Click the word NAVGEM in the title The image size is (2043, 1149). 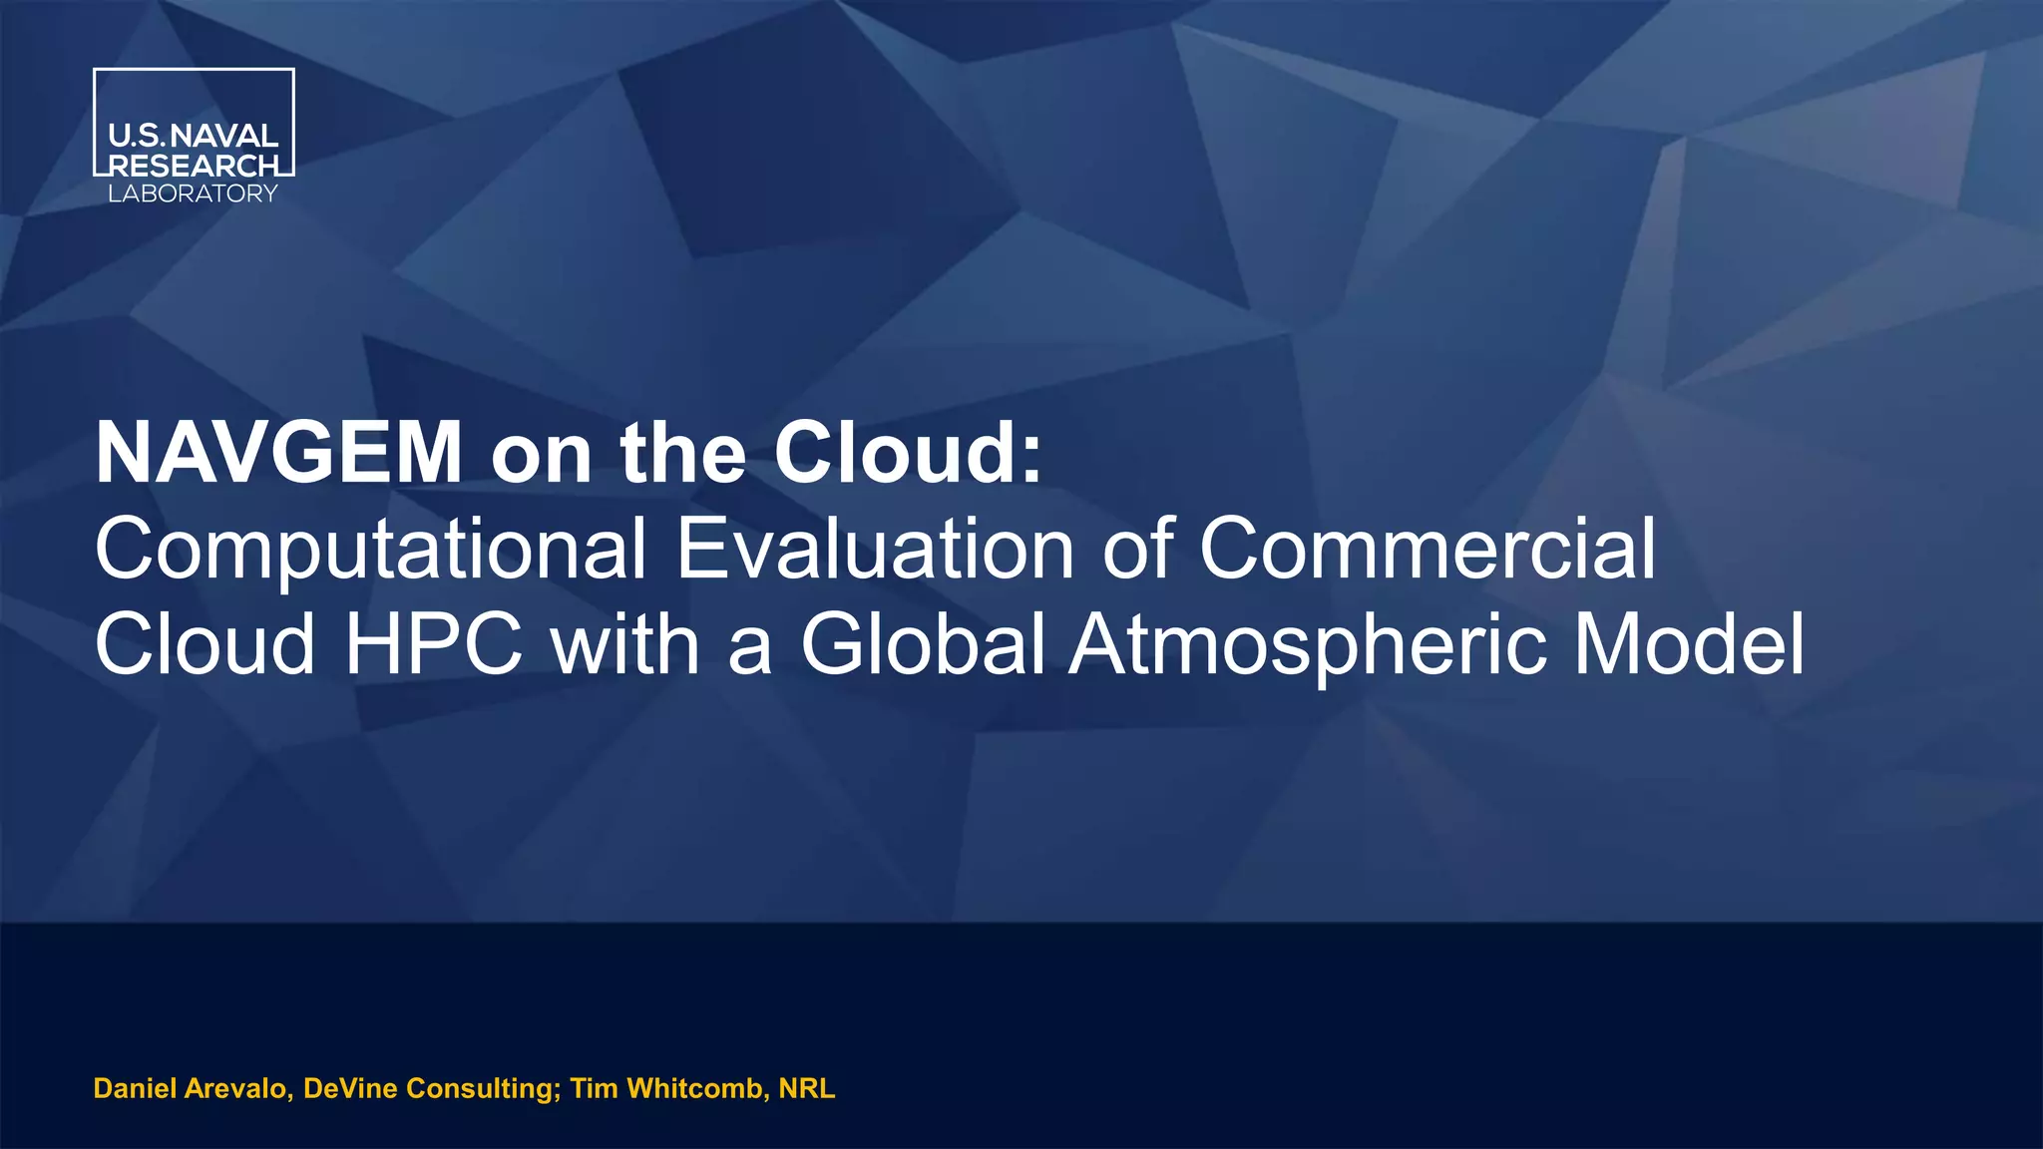[x=278, y=454]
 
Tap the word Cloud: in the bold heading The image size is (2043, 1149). [x=907, y=454]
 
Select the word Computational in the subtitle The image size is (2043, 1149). [x=370, y=550]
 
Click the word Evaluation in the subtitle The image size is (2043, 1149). [x=875, y=550]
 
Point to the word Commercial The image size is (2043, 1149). [x=1427, y=550]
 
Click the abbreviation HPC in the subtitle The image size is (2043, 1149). [x=433, y=645]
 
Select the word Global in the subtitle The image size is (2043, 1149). [x=922, y=645]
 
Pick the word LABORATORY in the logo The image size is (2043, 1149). [x=193, y=194]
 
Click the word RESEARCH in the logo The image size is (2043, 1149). [x=194, y=166]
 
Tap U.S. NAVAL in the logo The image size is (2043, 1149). [x=194, y=137]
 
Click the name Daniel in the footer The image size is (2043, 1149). [x=135, y=1088]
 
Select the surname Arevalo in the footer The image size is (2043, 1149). [x=238, y=1088]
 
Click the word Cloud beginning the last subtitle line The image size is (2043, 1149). [x=204, y=645]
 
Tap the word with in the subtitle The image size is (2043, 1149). [x=625, y=645]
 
